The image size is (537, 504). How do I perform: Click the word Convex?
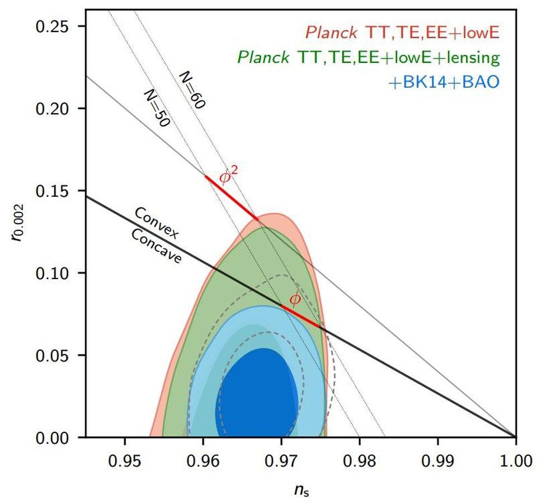[x=157, y=223]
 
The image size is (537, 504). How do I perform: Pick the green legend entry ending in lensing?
[x=368, y=58]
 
